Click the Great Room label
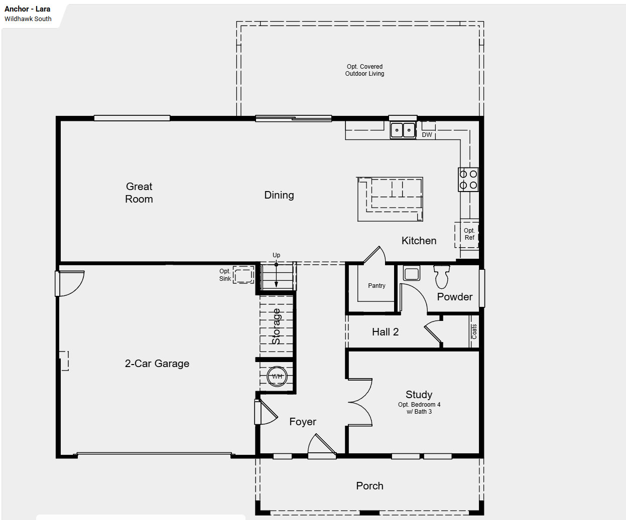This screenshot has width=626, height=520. (139, 193)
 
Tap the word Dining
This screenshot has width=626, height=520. (279, 195)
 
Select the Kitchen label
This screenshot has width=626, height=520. (419, 241)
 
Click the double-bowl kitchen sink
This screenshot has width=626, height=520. (403, 130)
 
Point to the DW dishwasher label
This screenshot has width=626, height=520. (427, 135)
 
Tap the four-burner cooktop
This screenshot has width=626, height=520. (468, 180)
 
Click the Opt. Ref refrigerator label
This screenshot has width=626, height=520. (469, 234)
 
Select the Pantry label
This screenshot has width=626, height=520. (377, 285)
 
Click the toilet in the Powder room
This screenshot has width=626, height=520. (442, 277)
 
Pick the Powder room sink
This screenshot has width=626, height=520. (411, 273)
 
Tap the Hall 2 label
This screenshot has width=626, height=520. (385, 332)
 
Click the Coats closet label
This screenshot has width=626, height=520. (474, 331)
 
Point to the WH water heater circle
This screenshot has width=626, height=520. (277, 376)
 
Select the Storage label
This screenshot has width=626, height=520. (276, 326)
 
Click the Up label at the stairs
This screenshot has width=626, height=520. (276, 255)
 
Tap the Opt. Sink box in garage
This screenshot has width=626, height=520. (243, 275)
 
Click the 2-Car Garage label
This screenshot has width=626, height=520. (157, 364)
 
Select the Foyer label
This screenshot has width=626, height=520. (303, 422)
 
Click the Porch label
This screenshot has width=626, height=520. (369, 486)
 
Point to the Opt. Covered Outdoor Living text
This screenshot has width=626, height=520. (364, 70)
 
